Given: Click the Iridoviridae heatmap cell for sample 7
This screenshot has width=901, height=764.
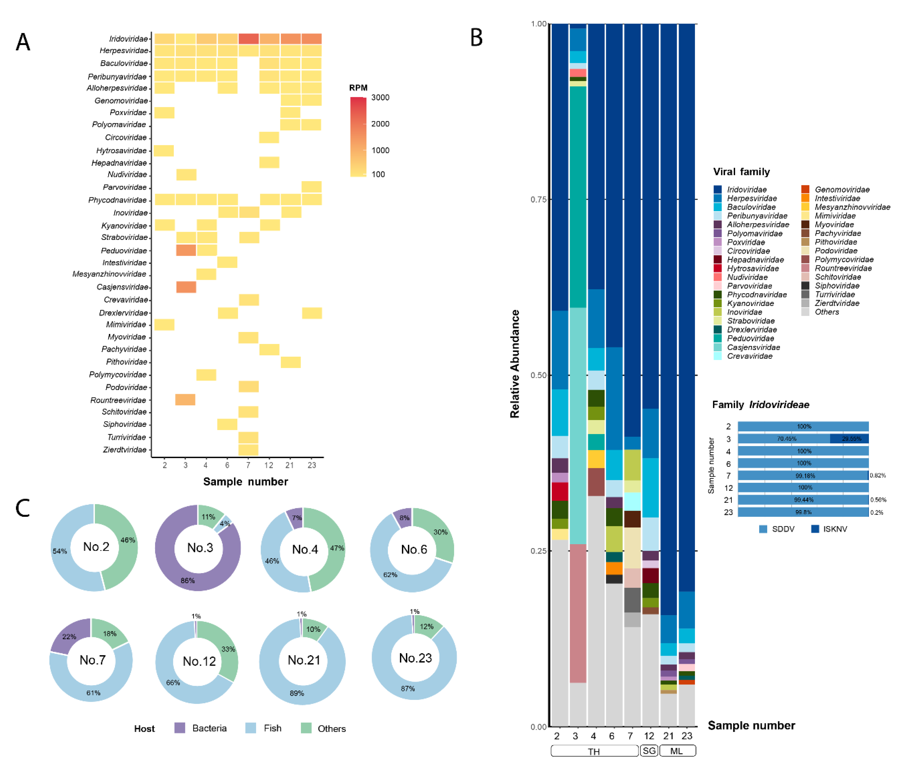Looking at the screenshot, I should click(x=248, y=38).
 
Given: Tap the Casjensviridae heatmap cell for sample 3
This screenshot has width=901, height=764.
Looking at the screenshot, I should click(x=186, y=287).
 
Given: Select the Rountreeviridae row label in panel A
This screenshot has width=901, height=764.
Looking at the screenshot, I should click(x=118, y=400).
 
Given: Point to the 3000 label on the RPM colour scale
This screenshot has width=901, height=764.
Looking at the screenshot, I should click(x=380, y=97).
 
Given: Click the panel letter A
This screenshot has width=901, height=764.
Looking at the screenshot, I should click(x=23, y=42).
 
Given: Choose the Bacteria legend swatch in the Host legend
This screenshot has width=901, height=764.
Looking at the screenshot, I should click(x=180, y=728).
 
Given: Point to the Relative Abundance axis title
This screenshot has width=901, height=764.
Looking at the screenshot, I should click(x=514, y=364).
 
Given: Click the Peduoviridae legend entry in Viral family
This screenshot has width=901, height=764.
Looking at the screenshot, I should click(x=750, y=338).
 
